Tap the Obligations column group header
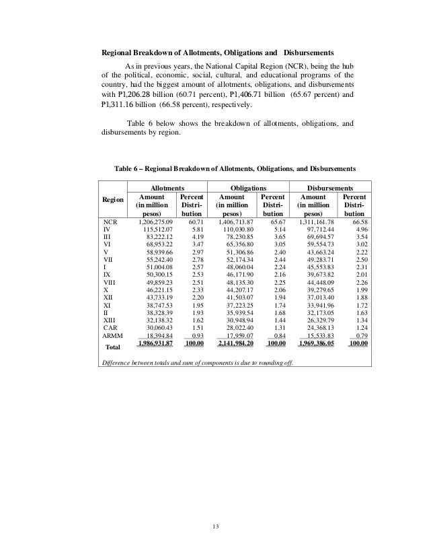pyautogui.click(x=248, y=189)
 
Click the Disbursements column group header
pyautogui.click(x=330, y=189)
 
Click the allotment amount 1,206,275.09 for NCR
pyautogui.click(x=155, y=221)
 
